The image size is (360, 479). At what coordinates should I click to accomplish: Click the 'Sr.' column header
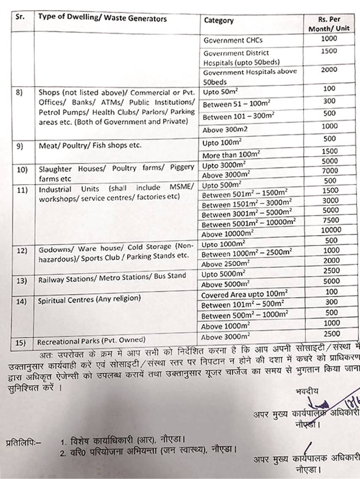click(x=19, y=19)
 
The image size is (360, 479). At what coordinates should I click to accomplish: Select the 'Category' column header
click(x=219, y=20)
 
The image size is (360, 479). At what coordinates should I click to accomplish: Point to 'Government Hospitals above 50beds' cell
click(x=250, y=77)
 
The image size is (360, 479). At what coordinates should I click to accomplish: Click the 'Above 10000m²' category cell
click(x=227, y=233)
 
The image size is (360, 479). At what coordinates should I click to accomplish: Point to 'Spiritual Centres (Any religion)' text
click(x=89, y=299)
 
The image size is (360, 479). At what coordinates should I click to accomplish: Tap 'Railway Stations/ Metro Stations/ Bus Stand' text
click(x=112, y=278)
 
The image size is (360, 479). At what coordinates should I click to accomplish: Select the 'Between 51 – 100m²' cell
click(x=236, y=104)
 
